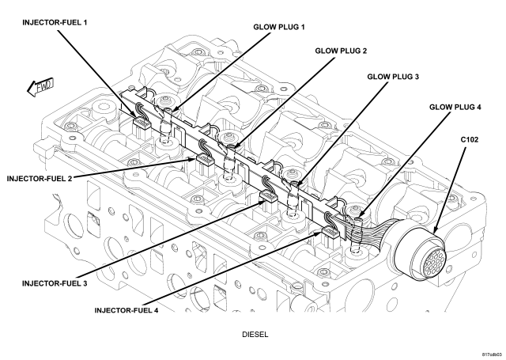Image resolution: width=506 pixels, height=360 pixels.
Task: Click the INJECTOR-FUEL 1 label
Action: pyautogui.click(x=55, y=23)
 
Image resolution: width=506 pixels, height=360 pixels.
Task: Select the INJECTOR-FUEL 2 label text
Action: pyautogui.click(x=40, y=179)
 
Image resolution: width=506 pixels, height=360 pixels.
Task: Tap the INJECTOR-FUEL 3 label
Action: pyautogui.click(x=55, y=283)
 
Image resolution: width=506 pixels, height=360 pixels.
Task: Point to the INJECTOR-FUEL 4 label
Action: pyautogui.click(x=126, y=310)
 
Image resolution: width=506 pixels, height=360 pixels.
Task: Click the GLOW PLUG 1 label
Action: pyautogui.click(x=279, y=27)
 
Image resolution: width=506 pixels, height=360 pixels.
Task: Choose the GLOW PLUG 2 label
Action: pyautogui.click(x=341, y=51)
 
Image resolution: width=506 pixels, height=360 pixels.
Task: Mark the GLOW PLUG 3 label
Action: pyautogui.click(x=393, y=77)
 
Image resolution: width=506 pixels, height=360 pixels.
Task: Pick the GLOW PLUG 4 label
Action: pyautogui.click(x=455, y=107)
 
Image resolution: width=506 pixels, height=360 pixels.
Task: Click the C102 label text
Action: pyautogui.click(x=470, y=140)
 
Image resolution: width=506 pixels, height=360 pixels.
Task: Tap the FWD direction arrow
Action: pyautogui.click(x=40, y=87)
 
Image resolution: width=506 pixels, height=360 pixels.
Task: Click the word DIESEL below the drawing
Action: pyautogui.click(x=255, y=335)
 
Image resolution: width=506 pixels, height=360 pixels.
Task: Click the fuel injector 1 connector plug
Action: pyautogui.click(x=142, y=123)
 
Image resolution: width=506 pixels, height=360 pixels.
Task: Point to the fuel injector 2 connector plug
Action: pyautogui.click(x=205, y=160)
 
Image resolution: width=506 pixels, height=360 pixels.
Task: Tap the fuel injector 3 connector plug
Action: pyautogui.click(x=268, y=196)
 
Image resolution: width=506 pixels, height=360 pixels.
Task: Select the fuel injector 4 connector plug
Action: pyautogui.click(x=330, y=233)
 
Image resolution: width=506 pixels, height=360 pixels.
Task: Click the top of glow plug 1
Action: pyautogui.click(x=168, y=111)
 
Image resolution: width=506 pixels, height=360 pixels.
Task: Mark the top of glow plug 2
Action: pyautogui.click(x=232, y=147)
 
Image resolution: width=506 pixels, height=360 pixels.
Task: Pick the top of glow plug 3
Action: pyautogui.click(x=295, y=184)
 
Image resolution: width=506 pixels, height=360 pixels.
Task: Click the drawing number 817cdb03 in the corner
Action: pyautogui.click(x=493, y=354)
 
